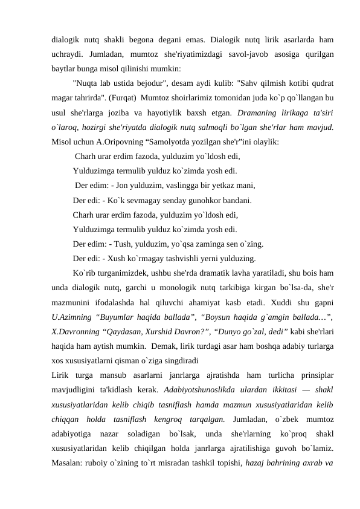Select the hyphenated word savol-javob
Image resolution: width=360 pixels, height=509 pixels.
coord(243,54)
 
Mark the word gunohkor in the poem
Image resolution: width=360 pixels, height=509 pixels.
coord(199,200)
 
